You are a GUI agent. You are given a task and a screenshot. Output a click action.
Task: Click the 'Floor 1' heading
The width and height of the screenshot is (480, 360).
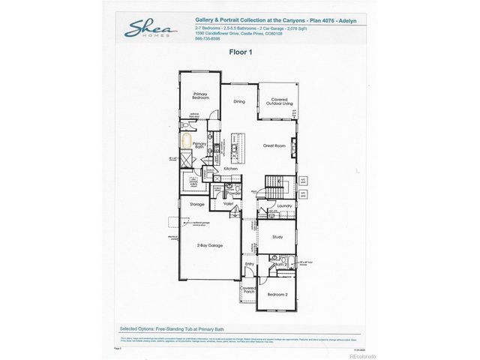point(240,52)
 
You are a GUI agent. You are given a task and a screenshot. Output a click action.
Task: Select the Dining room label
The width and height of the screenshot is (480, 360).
point(238,101)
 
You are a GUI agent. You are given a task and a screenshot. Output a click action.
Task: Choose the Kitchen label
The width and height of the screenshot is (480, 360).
point(231,169)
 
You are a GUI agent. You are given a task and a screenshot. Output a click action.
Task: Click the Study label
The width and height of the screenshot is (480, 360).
point(277,237)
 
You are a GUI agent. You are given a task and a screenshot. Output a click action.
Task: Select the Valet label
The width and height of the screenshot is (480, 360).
point(229,204)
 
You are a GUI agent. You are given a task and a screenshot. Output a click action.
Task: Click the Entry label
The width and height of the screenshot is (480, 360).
point(249,263)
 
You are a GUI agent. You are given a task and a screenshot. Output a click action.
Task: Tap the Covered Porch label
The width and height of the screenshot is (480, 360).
point(248,290)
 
